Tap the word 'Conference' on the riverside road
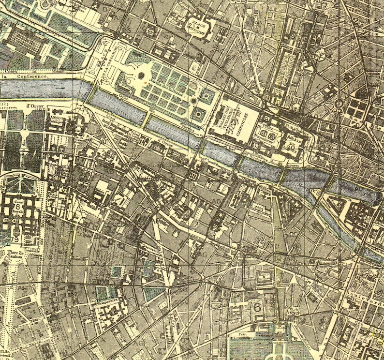pos(30,76)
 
